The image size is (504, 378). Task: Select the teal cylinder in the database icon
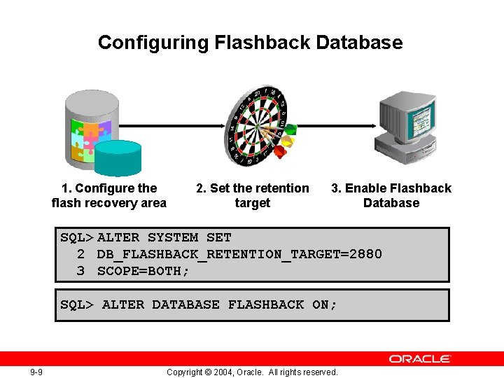118,158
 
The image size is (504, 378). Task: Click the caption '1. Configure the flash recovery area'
109,195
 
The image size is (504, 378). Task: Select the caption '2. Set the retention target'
252,195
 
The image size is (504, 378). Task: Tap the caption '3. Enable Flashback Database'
391,195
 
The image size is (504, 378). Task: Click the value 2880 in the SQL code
365,254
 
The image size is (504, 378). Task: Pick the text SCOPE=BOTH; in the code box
143,271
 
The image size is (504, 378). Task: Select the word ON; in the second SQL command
325,304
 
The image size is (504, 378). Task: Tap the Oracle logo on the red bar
420,358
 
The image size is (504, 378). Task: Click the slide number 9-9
36,372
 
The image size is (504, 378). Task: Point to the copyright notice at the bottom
252,372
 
